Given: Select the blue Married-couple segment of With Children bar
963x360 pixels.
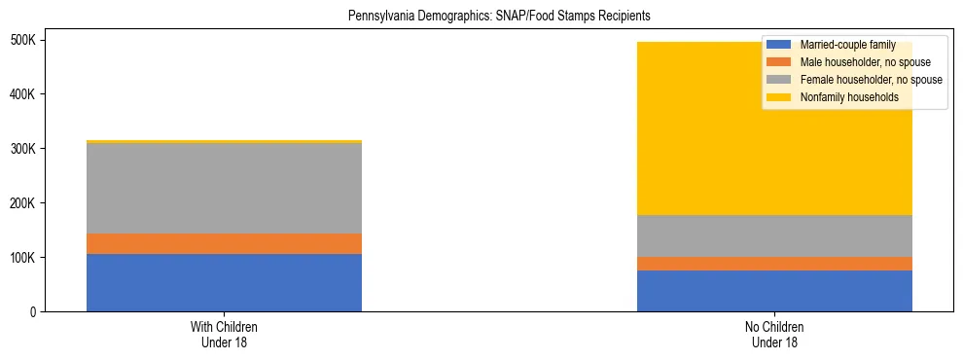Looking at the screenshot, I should [x=224, y=282].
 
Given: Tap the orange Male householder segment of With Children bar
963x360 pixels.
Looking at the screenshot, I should [x=224, y=243].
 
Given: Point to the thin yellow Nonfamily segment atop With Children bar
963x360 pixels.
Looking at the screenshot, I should [x=224, y=142].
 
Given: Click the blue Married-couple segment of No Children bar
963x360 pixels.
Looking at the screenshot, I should [x=774, y=290].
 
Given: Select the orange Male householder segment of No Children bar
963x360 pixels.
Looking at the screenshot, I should [x=774, y=264].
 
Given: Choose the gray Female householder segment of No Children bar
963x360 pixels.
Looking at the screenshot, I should [x=774, y=235].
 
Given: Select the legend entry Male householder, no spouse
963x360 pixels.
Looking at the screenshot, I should [x=856, y=62].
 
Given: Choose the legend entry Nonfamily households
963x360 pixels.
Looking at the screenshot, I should [x=843, y=97].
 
